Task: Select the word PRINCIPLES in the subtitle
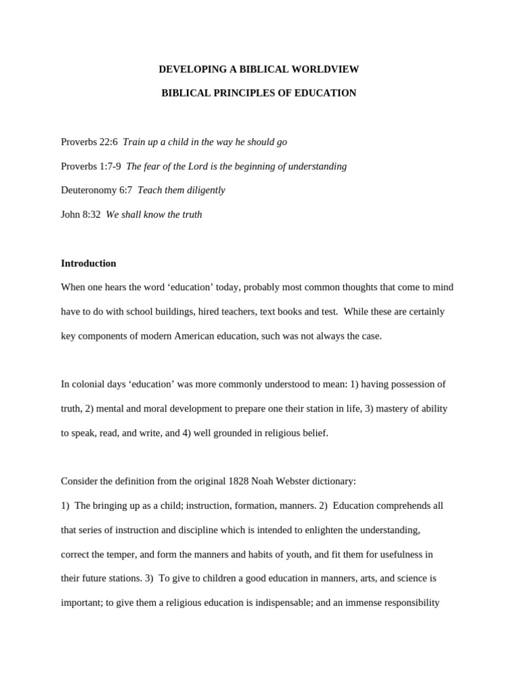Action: (242, 93)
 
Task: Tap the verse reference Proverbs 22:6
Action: (89, 142)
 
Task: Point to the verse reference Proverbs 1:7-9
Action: (91, 166)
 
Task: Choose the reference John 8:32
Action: (80, 215)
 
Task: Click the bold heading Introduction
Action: (88, 263)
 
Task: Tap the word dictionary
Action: (335, 482)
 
